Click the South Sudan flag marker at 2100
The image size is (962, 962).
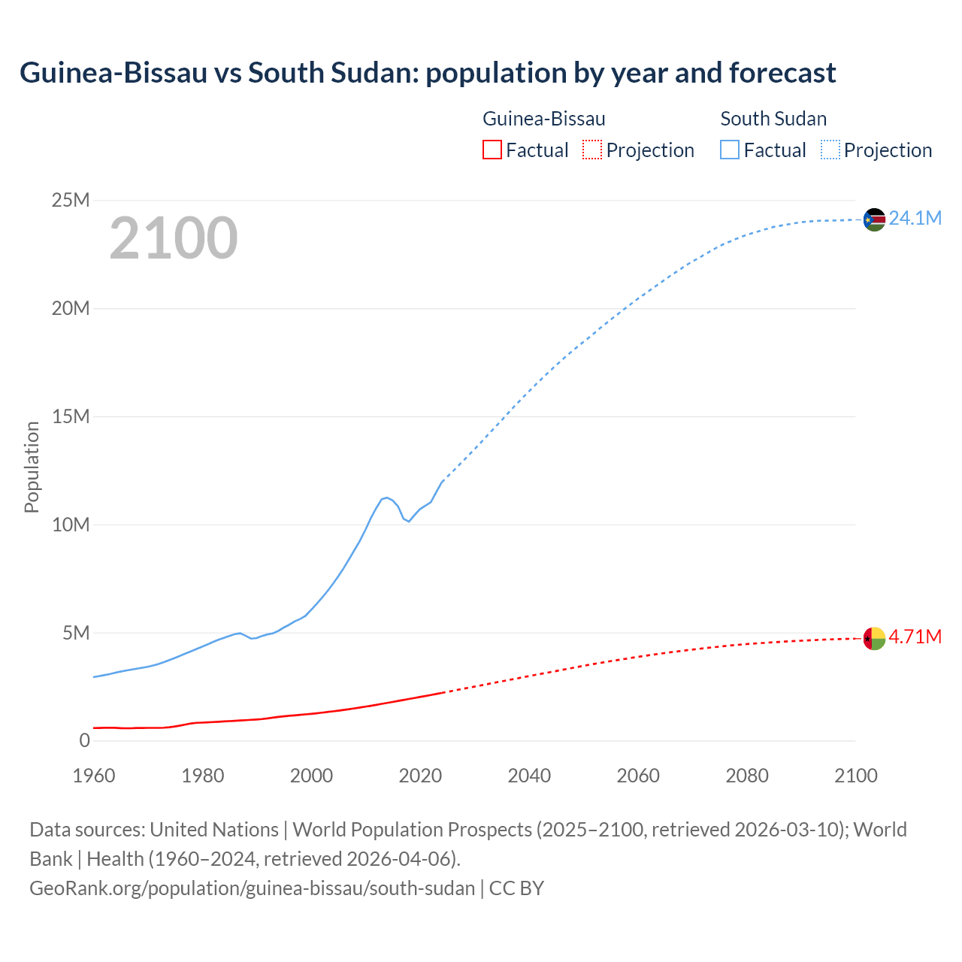(874, 219)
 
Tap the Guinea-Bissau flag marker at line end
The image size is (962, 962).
(874, 638)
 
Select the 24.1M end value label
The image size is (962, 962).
(915, 219)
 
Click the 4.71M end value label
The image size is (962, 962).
(915, 637)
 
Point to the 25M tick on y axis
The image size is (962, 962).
(71, 200)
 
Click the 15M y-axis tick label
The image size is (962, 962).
(71, 416)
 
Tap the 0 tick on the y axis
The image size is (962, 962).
(84, 741)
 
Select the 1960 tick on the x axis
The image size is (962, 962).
(94, 776)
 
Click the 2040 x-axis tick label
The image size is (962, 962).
(529, 776)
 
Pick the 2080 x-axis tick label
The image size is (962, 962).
(747, 776)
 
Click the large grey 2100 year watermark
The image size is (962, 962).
(174, 238)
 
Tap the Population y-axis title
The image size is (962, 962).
(32, 467)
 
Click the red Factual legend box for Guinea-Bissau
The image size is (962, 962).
(492, 150)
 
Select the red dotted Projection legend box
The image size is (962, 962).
(592, 150)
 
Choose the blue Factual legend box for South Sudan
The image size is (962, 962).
(730, 150)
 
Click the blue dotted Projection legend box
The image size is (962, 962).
(830, 150)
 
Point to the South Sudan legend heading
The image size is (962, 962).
(773, 119)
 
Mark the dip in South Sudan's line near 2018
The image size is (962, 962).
(408, 521)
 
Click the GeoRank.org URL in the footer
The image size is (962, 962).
(252, 888)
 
